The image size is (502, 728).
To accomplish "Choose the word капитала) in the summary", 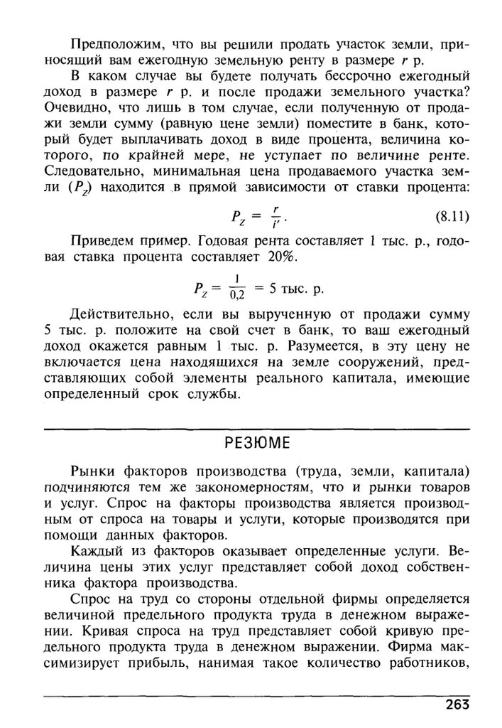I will click(437, 473).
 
